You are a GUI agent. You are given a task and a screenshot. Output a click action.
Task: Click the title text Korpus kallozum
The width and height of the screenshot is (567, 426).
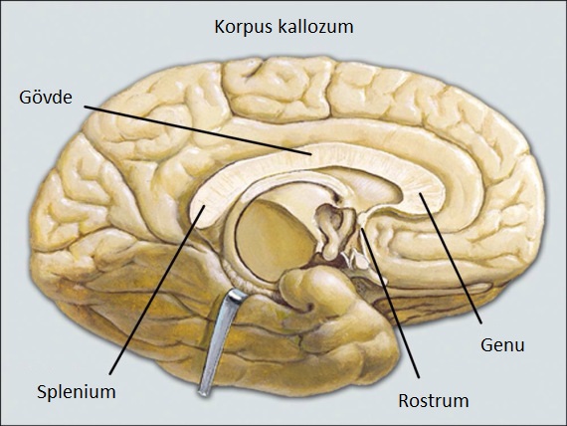(x=283, y=27)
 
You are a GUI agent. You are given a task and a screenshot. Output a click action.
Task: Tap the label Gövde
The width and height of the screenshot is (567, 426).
(x=46, y=97)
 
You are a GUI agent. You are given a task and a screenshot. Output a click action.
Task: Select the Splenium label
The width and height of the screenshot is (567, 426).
(x=77, y=391)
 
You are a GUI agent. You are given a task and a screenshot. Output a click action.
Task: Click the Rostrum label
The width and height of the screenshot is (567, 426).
(x=433, y=401)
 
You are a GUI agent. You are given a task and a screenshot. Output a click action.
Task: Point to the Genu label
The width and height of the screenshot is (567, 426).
(x=502, y=345)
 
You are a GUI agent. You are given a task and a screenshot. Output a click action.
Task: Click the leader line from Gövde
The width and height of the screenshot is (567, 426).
(x=198, y=130)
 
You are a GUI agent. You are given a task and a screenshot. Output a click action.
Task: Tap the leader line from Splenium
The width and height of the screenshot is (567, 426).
(x=157, y=290)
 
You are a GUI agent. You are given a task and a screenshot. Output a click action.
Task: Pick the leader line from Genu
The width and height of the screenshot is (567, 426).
(x=451, y=258)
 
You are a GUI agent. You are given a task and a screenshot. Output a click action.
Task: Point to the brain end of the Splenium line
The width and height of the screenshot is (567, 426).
(x=204, y=206)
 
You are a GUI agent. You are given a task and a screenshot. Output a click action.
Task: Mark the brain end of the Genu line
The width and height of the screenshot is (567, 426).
(x=420, y=194)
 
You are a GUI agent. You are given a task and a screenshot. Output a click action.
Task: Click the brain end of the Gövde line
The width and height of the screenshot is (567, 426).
(x=311, y=155)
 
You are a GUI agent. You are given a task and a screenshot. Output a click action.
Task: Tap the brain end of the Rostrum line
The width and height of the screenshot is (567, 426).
(x=362, y=229)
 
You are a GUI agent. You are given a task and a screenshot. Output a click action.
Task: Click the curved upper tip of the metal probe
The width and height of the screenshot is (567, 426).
(x=239, y=295)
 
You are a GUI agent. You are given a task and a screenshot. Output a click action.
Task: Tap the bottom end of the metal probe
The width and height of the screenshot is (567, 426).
(x=203, y=392)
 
